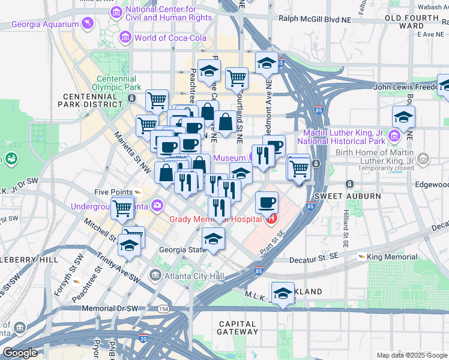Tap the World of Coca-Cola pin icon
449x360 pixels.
(125, 38)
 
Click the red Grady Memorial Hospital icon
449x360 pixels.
(271, 220)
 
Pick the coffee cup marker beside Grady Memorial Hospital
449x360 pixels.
(267, 203)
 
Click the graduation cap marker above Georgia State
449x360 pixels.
(213, 238)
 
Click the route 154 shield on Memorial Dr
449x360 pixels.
(163, 308)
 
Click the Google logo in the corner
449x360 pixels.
(20, 353)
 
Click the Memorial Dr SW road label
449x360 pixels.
(112, 308)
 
